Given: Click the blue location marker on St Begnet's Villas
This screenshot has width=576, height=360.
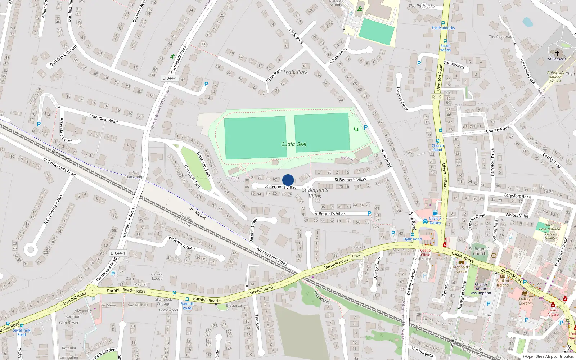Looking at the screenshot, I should point(288,180).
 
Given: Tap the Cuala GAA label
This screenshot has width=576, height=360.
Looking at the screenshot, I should point(293,144).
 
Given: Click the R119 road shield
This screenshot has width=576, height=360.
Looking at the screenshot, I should point(437,97).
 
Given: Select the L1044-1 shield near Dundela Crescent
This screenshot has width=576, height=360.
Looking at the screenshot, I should point(169,78).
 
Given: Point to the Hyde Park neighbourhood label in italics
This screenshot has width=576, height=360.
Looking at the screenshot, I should point(296,72).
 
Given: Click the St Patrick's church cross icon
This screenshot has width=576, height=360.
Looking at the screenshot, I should point(557,53).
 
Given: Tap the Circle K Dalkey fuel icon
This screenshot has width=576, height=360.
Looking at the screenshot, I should point(435,213).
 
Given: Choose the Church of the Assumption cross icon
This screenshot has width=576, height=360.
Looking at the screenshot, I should point(481,278).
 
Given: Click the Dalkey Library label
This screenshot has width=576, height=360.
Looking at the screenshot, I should point(525,301).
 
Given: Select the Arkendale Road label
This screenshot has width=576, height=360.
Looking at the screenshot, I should point(103,118).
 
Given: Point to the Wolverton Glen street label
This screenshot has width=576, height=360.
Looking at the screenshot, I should point(182,243).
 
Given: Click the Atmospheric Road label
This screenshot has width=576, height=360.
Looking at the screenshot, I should point(272,256).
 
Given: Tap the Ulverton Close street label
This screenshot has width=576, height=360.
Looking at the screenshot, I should point(402,98).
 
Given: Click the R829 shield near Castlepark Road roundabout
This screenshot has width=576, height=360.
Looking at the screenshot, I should point(141,291).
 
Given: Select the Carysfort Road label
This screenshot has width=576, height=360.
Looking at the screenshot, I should point(517,196).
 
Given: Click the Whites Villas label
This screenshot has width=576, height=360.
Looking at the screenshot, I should point(517,216).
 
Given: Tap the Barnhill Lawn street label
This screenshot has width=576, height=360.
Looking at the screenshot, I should point(254,230).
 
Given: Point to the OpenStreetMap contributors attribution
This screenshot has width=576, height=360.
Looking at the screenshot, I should point(548,357).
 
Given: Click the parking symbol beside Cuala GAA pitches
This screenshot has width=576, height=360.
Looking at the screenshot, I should point(366,127).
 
